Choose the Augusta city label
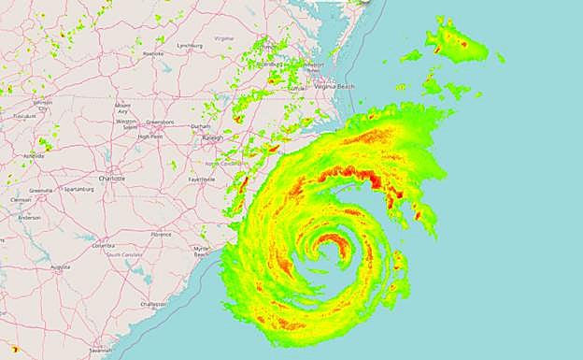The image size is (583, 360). (x=61, y=266)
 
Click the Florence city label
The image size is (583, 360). (x=161, y=234)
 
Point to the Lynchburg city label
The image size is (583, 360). (x=190, y=44)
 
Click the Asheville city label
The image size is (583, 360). (x=35, y=155)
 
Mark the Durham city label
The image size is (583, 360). (x=200, y=125)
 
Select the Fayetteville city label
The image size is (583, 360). (x=201, y=179)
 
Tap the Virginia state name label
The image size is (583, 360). (x=224, y=38)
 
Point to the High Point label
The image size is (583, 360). (x=149, y=137)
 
